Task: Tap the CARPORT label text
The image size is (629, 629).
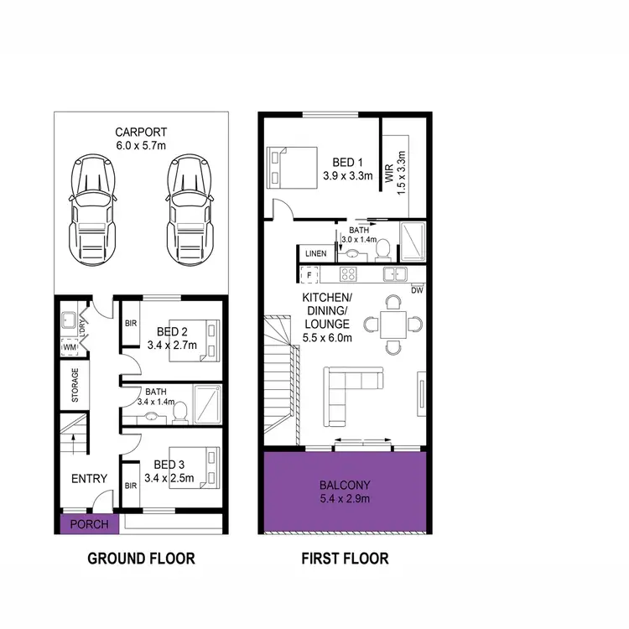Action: [x=142, y=132]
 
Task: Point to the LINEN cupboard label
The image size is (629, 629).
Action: [x=315, y=252]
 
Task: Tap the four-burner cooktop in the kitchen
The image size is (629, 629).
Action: [x=350, y=273]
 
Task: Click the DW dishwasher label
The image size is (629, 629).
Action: [x=417, y=290]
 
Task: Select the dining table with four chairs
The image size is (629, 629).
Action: [x=392, y=324]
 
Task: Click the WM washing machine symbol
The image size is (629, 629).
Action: [x=70, y=346]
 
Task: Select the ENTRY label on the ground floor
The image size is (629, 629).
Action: [x=88, y=479]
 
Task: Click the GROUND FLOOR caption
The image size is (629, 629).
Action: [x=141, y=558]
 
